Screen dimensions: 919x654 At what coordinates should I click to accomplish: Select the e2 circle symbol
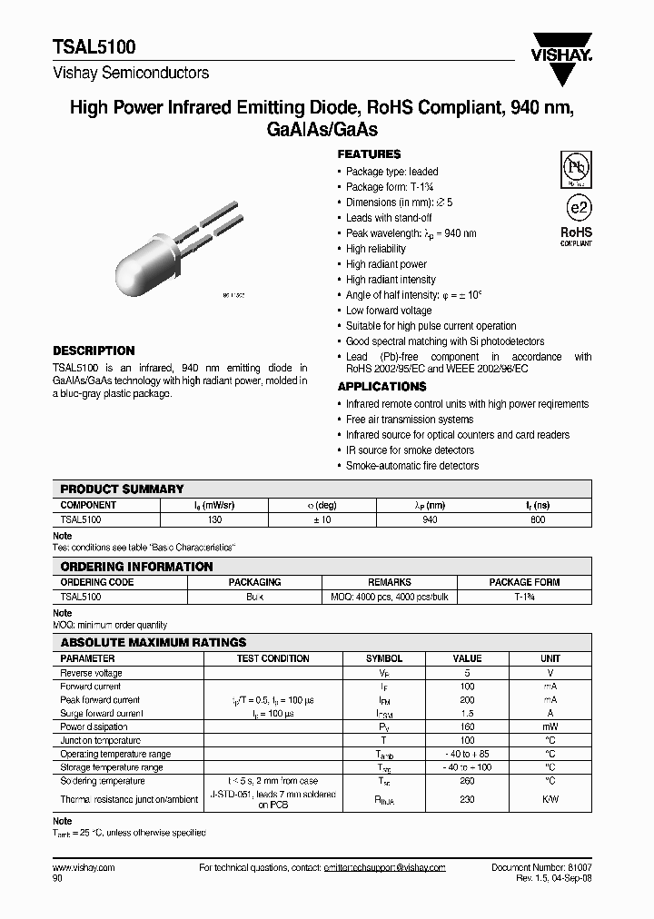click(576, 208)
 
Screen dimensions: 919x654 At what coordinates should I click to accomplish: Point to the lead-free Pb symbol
click(575, 169)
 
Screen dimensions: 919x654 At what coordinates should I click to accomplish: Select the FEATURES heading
click(369, 154)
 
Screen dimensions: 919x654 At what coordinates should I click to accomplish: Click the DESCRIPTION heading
click(94, 351)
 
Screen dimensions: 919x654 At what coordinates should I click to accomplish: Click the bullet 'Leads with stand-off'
click(389, 218)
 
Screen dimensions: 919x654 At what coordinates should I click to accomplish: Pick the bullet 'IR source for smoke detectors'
click(410, 450)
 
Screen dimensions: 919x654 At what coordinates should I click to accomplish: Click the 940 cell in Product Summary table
click(430, 519)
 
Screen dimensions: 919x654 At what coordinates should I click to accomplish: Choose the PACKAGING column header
click(254, 582)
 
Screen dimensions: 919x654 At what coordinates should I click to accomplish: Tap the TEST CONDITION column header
click(272, 658)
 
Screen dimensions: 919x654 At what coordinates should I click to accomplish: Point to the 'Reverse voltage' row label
click(91, 673)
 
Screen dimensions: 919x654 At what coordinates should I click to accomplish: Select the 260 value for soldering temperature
click(467, 781)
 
